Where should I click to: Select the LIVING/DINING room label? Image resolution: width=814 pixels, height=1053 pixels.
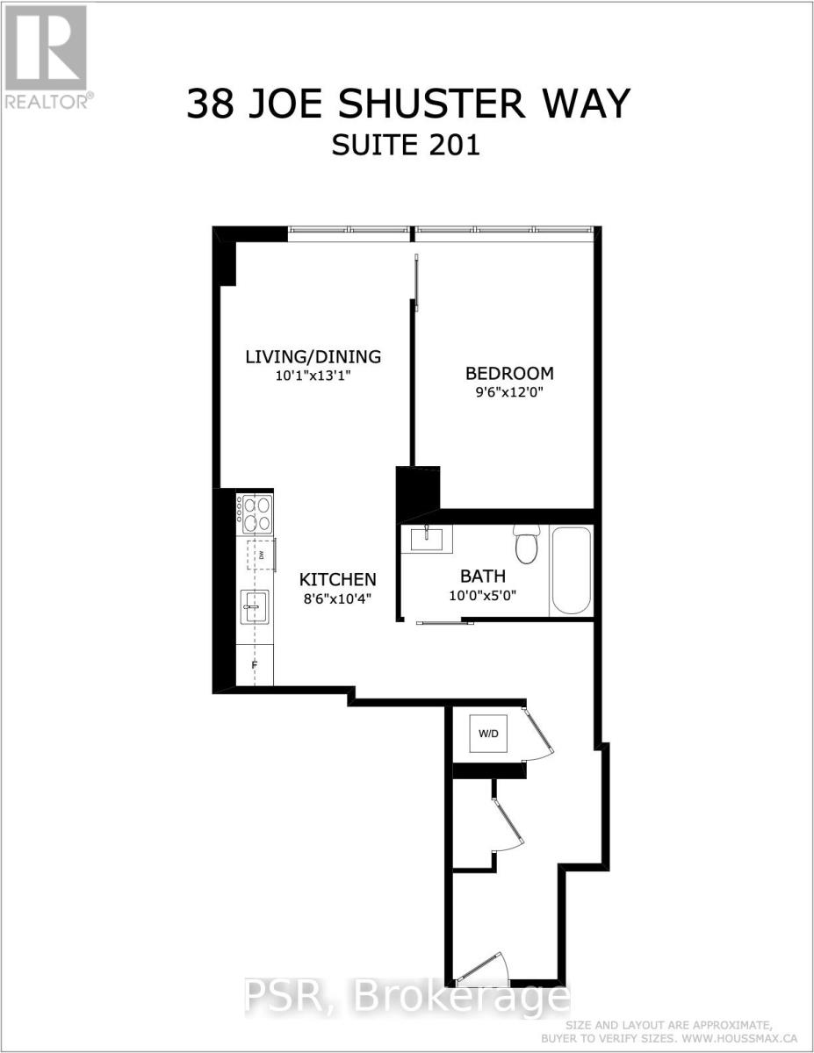click(313, 356)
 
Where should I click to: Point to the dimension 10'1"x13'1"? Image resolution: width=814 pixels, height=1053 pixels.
click(313, 376)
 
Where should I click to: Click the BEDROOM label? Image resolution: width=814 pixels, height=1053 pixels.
click(509, 372)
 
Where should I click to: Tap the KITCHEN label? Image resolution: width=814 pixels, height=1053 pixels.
click(338, 579)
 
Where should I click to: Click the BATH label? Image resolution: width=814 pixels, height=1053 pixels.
click(483, 577)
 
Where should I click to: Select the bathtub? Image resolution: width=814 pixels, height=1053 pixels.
click(571, 570)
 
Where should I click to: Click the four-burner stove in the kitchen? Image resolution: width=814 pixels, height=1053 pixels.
click(255, 513)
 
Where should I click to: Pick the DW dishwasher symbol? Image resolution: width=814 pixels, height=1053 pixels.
click(261, 554)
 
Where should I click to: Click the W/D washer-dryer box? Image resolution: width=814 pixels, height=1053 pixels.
click(487, 734)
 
